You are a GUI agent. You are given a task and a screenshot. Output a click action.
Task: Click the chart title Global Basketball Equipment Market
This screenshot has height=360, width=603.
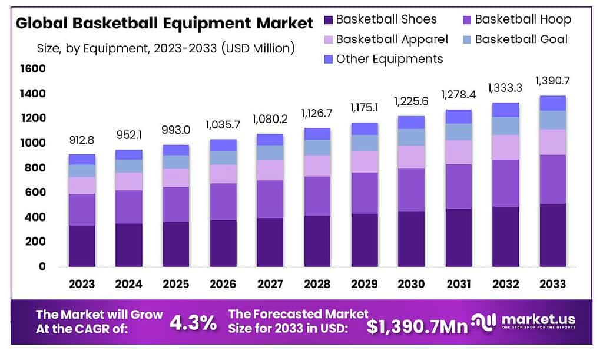click(164, 24)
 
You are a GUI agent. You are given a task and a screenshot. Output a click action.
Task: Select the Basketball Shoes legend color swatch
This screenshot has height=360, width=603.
click(329, 20)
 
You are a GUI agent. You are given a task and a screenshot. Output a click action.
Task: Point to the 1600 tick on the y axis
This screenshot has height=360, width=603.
click(32, 69)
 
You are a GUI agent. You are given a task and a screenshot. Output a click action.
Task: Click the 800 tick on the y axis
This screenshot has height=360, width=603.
click(35, 168)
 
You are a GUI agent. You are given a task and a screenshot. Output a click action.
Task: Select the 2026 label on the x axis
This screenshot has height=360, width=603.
click(223, 284)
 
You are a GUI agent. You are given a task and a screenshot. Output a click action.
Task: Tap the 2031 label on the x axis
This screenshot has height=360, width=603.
click(459, 284)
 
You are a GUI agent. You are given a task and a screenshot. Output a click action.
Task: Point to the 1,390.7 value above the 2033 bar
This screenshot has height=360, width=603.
click(553, 81)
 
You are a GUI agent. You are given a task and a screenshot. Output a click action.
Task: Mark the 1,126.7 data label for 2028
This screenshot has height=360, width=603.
click(318, 113)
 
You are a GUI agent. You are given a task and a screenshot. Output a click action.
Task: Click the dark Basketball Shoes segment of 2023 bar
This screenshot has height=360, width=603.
click(82, 246)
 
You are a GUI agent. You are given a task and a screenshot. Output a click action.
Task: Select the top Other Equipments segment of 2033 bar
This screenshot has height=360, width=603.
click(553, 103)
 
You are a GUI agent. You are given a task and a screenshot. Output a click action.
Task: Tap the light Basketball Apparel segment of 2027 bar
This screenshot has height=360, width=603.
click(270, 170)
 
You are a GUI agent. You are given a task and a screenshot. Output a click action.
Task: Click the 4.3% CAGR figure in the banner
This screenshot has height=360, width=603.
click(193, 323)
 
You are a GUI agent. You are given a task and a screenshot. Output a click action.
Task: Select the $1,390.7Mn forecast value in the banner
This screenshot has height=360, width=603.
click(418, 326)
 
